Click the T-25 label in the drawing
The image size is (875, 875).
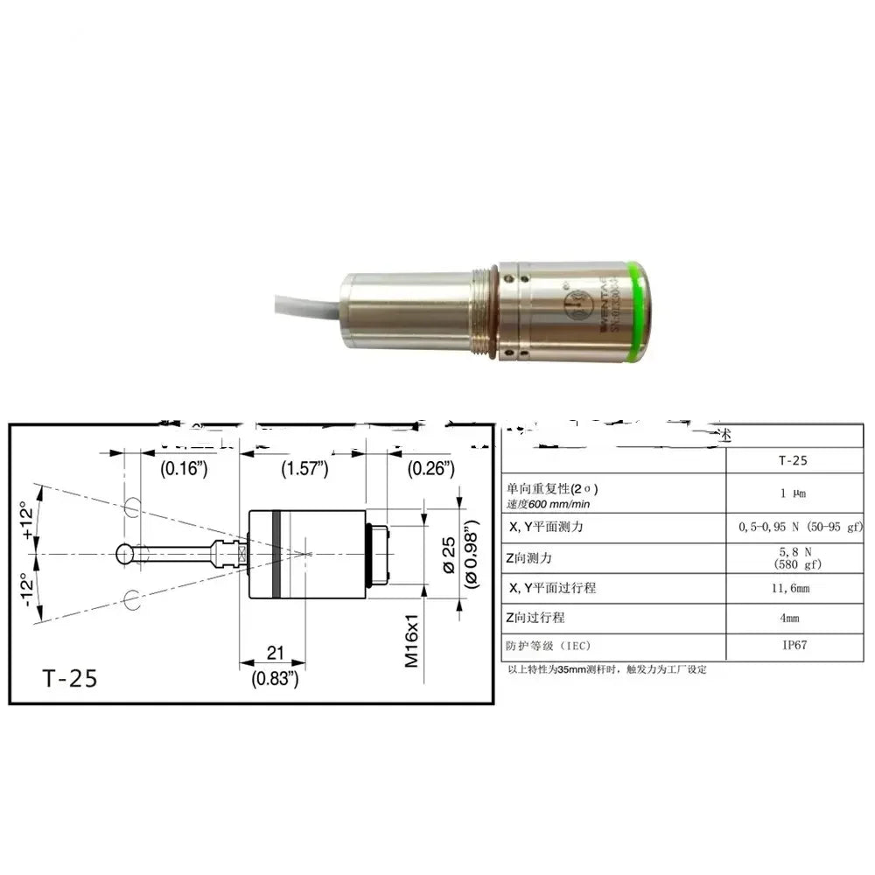pos(70,677)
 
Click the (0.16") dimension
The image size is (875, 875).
pos(184,468)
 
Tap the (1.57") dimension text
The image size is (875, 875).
pos(304,468)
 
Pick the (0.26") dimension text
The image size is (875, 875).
pos(430,468)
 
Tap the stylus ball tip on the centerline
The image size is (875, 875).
pos(125,554)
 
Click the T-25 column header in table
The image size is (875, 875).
pos(794,460)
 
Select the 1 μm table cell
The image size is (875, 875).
pos(794,493)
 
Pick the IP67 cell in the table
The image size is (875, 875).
pos(794,647)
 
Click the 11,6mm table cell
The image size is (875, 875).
pos(794,588)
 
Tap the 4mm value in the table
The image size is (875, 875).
pos(794,618)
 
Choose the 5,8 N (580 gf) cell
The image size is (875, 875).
pos(794,558)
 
